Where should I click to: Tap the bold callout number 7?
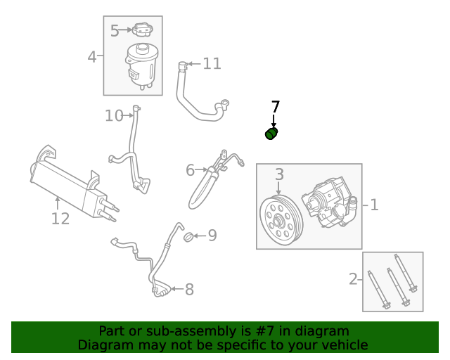tap(276, 107)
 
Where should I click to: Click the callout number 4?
tap(92, 56)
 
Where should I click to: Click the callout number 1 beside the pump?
tap(374, 205)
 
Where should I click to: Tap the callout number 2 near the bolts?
tap(353, 279)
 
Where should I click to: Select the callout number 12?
tap(60, 219)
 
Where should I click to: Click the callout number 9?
tap(212, 235)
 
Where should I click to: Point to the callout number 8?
tap(188, 289)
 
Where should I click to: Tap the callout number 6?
tap(190, 170)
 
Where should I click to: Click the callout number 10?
tap(114, 115)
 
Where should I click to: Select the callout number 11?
tap(212, 64)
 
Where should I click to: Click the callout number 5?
tap(115, 30)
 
